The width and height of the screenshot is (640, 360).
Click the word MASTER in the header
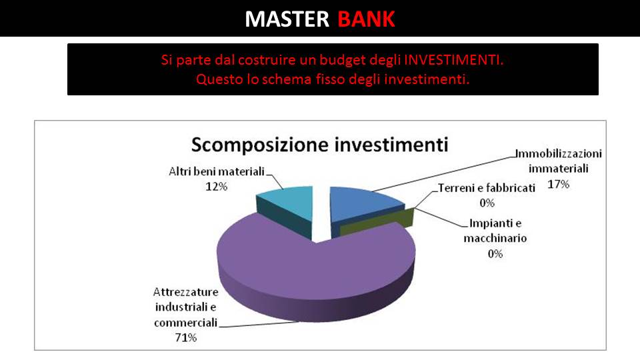click(x=287, y=19)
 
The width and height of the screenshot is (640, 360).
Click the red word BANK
click(x=366, y=19)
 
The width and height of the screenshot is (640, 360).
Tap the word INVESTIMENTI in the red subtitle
click(x=453, y=60)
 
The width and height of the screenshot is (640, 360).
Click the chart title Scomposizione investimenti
click(x=319, y=145)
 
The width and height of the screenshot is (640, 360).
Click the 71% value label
click(x=186, y=337)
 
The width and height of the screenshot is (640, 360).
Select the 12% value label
click(x=216, y=187)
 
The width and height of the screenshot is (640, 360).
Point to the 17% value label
click(x=559, y=185)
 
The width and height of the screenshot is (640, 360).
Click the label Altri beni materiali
click(x=217, y=171)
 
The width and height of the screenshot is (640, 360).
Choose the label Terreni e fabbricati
click(x=487, y=188)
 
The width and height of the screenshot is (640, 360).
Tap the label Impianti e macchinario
click(x=495, y=231)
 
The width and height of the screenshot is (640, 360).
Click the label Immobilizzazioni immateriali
click(x=559, y=161)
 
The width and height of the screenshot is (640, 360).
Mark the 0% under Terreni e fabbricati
click(x=487, y=203)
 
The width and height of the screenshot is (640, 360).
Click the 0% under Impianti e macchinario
click(x=495, y=254)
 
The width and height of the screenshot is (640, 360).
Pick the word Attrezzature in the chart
click(x=186, y=292)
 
